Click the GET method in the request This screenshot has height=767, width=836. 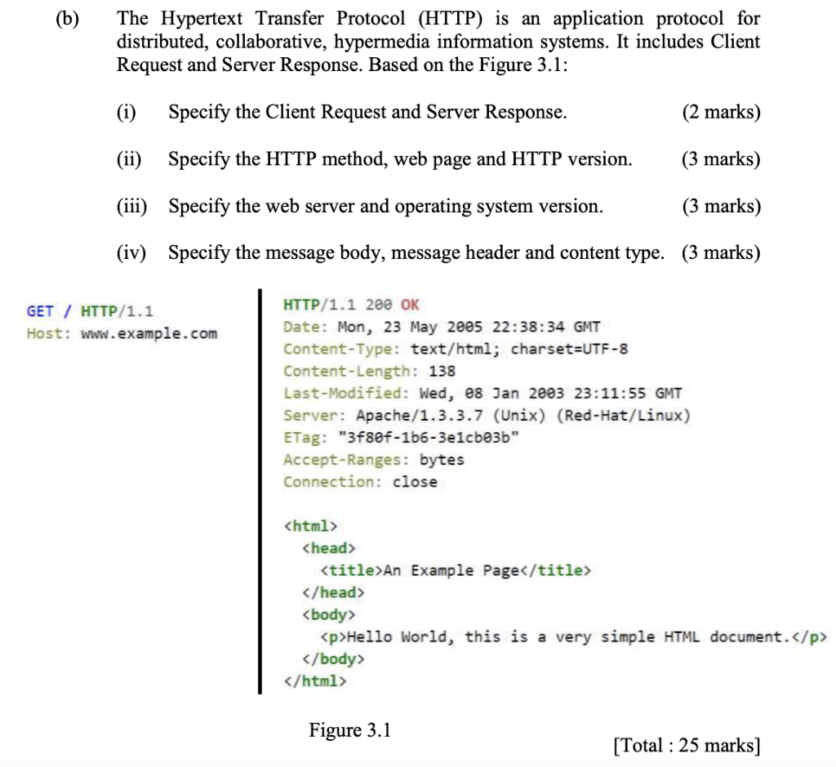tap(40, 311)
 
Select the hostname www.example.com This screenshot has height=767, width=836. tap(149, 333)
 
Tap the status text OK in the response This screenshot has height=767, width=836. tap(410, 305)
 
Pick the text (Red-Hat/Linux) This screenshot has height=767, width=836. tap(623, 415)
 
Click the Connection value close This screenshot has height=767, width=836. tap(415, 481)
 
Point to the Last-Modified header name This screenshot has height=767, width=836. tap(346, 393)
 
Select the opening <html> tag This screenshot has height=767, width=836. tap(309, 525)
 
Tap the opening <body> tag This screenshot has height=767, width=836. tap(329, 613)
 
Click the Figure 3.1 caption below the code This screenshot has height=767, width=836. tap(349, 729)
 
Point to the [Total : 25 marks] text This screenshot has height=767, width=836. tap(686, 744)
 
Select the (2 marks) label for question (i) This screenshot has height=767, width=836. tap(721, 112)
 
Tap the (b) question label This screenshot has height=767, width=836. tap(68, 18)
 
